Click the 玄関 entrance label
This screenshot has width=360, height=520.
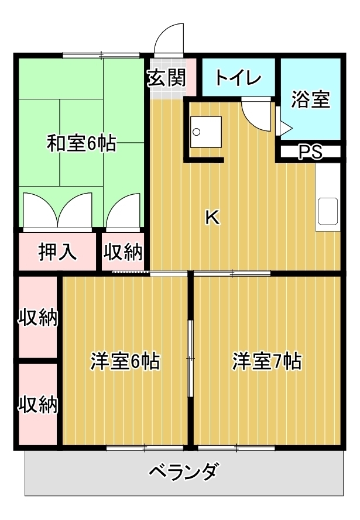point(167,78)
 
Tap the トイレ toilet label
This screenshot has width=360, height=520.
point(238,78)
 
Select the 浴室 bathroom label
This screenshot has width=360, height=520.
point(311,99)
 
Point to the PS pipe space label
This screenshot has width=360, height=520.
point(310,152)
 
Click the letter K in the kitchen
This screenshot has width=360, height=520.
point(212,218)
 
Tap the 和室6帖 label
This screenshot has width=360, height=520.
point(81,143)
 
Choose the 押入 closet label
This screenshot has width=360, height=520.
point(58,252)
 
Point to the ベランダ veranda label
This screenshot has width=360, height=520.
point(184,471)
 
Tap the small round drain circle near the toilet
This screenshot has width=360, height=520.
point(197,132)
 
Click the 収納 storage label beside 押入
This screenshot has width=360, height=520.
point(123,252)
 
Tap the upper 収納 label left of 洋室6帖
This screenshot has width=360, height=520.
point(38,318)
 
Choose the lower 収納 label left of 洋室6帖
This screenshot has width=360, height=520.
point(38,404)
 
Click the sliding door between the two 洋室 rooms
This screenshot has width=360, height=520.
point(190,359)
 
